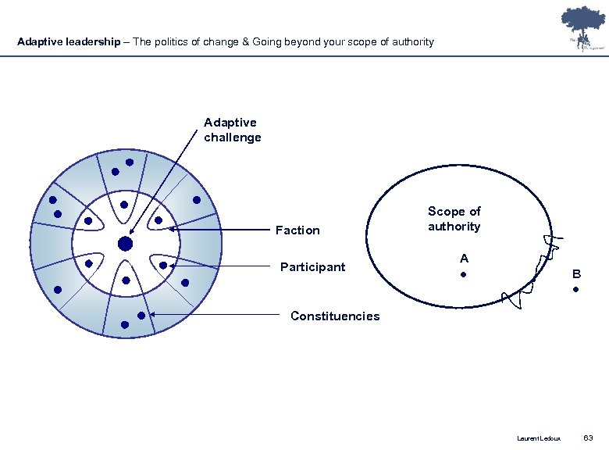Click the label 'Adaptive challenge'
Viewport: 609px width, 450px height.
pyautogui.click(x=232, y=130)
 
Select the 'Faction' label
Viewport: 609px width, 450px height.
pyautogui.click(x=297, y=230)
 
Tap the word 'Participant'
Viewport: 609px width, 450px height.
pyautogui.click(x=312, y=267)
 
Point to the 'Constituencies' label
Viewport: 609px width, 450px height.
pyautogui.click(x=335, y=316)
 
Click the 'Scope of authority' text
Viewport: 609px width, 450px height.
pyautogui.click(x=454, y=219)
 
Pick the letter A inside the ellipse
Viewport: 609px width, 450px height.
pyautogui.click(x=464, y=258)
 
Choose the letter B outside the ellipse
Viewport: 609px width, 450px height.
pyautogui.click(x=576, y=274)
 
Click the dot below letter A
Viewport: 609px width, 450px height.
pyautogui.click(x=464, y=275)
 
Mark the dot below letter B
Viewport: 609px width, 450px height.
pyautogui.click(x=575, y=291)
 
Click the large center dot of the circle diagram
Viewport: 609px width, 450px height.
pyautogui.click(x=125, y=245)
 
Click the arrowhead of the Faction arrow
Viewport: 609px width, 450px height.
pyautogui.click(x=171, y=230)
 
